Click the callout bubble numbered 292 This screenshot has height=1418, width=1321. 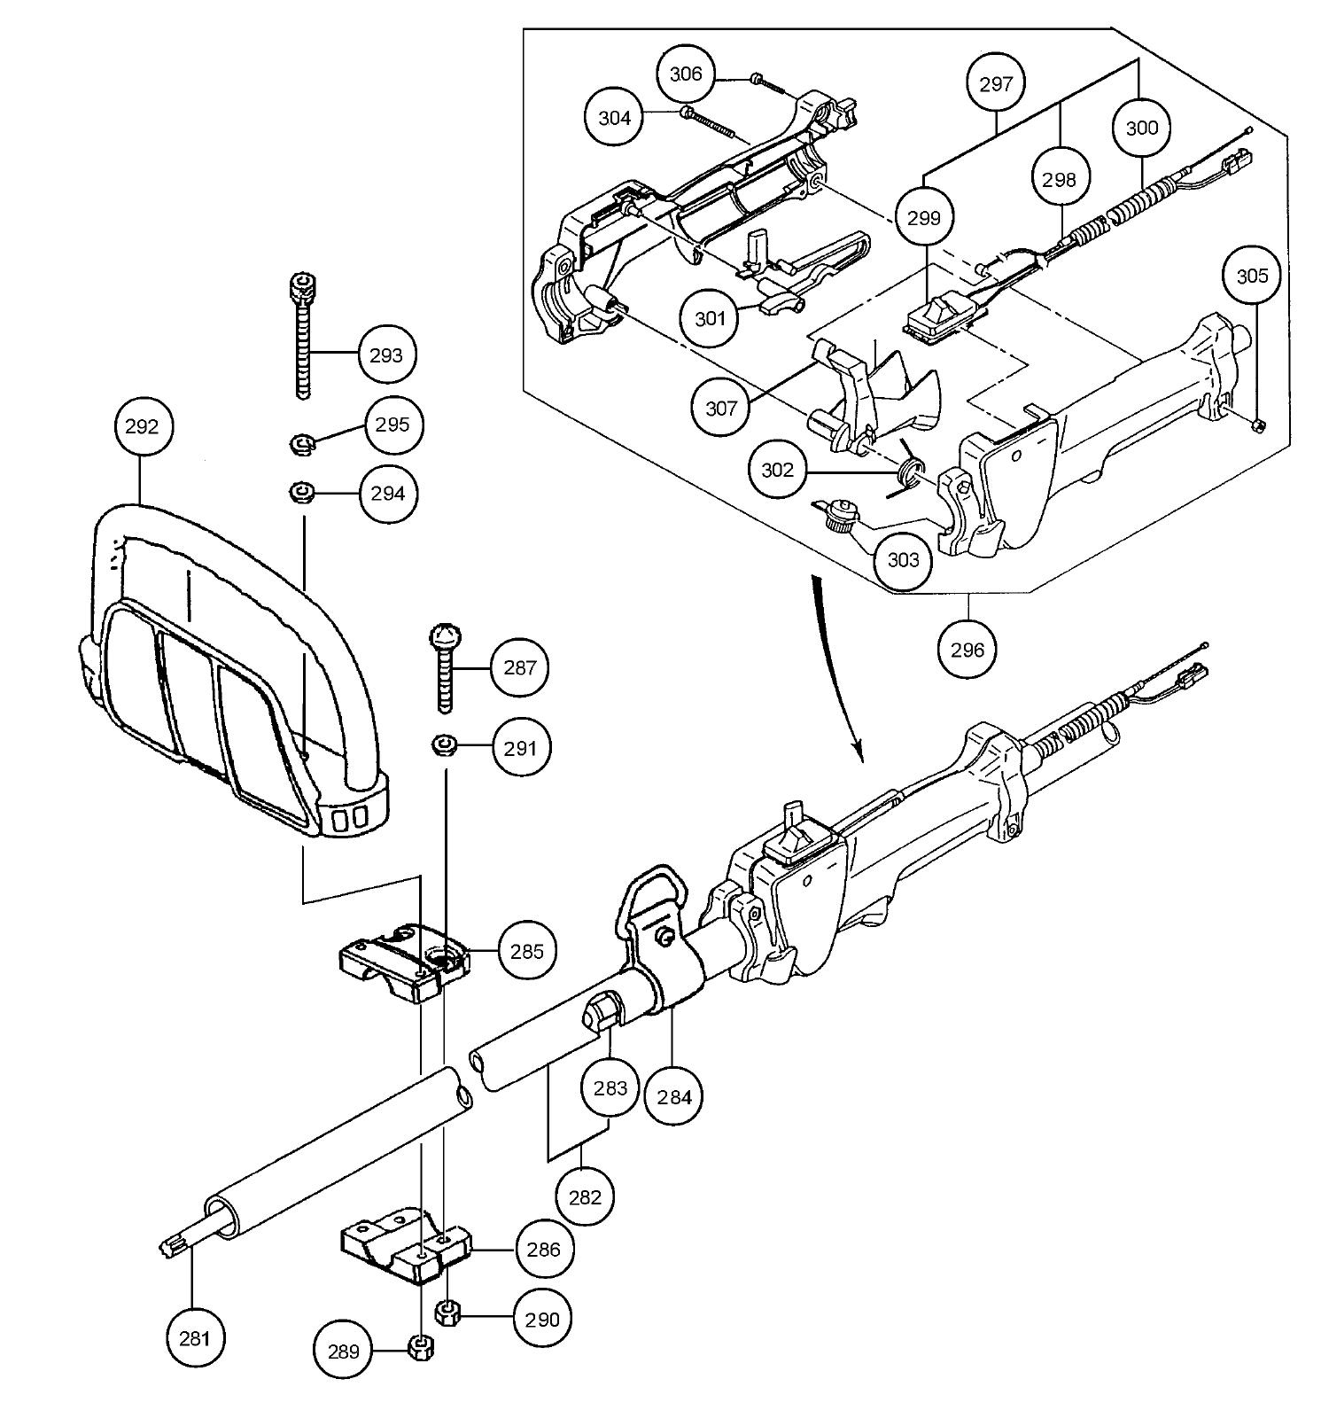[142, 426]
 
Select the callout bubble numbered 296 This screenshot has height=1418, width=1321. [967, 650]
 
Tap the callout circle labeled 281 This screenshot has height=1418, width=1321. [194, 1337]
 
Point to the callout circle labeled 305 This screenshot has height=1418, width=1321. [1252, 277]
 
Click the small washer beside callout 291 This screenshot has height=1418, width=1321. [444, 746]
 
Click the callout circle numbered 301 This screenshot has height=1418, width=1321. [711, 318]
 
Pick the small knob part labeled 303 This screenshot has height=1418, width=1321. [838, 513]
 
